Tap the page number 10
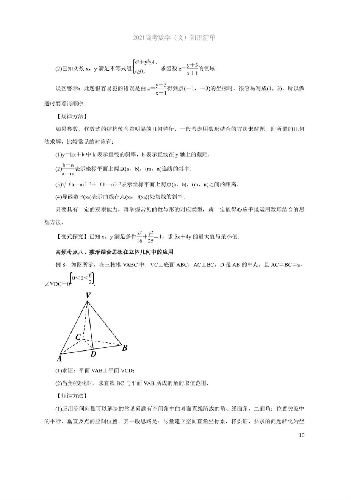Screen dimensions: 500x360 [x=301, y=435]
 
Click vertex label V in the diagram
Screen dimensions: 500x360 [x=88, y=295]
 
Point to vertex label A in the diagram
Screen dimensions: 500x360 [x=59, y=358]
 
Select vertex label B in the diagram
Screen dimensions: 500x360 [x=125, y=347]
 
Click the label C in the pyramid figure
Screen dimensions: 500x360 [x=78, y=337]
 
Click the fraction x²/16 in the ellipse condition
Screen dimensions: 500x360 [x=139, y=237]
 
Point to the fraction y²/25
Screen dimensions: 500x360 [x=150, y=237]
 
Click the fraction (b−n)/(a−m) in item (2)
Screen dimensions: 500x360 [x=68, y=169]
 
